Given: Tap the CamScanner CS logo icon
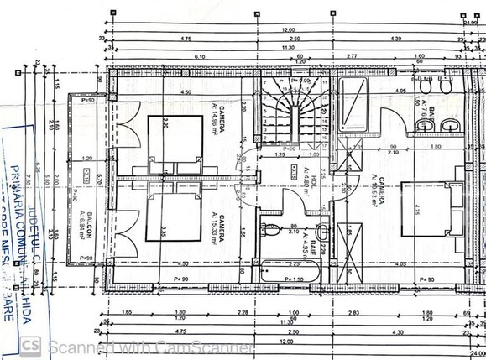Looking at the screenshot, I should coord(31,345).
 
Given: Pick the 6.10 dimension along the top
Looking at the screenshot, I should coord(199,57).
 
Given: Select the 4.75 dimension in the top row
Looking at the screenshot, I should coord(186,38).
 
